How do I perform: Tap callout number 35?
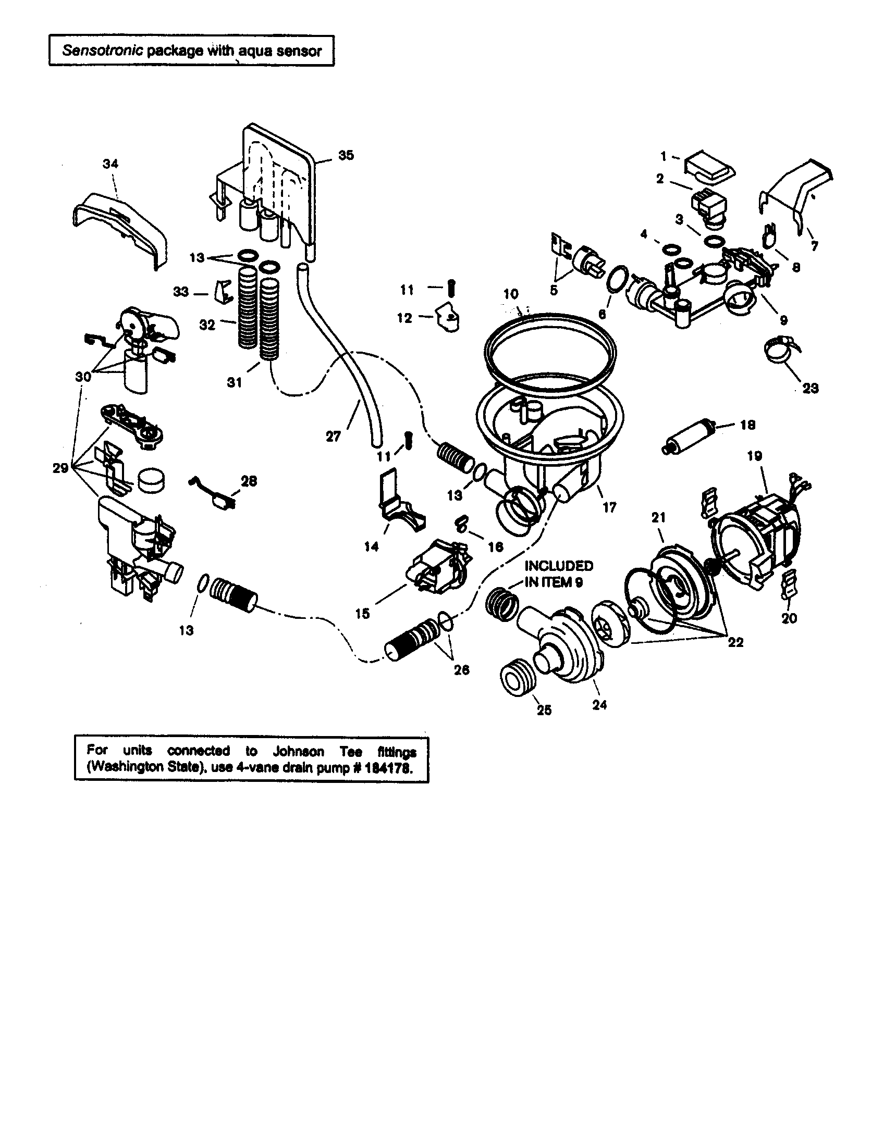(346, 155)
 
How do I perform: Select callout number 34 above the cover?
(110, 164)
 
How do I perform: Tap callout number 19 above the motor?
(754, 456)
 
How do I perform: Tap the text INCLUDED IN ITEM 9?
(559, 574)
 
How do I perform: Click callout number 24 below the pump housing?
(599, 705)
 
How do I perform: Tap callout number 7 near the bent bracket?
(814, 245)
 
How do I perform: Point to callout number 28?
(248, 481)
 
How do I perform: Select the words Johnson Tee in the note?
(317, 751)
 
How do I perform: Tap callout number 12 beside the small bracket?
(404, 318)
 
